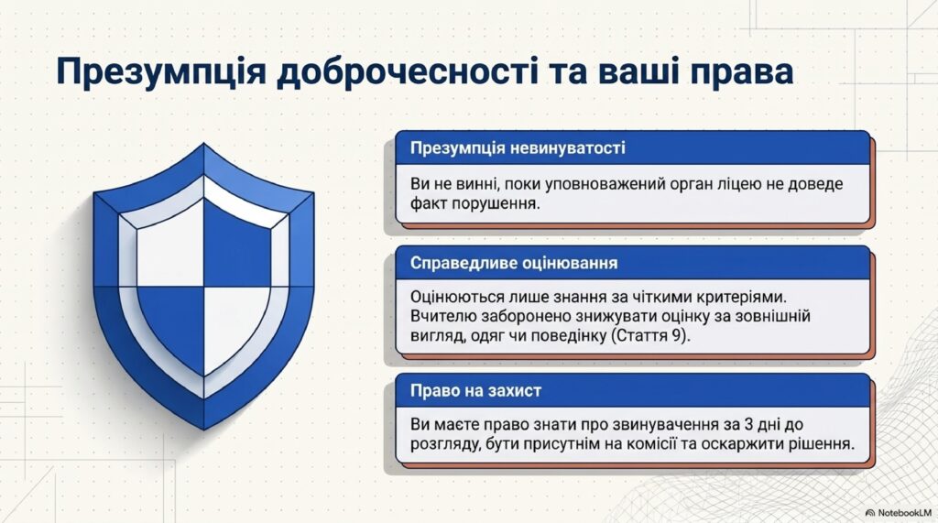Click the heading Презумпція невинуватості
[x=518, y=147]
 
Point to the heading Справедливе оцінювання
[x=514, y=263]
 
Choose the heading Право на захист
[x=475, y=391]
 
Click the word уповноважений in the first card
[x=597, y=184]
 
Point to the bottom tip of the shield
[x=204, y=429]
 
